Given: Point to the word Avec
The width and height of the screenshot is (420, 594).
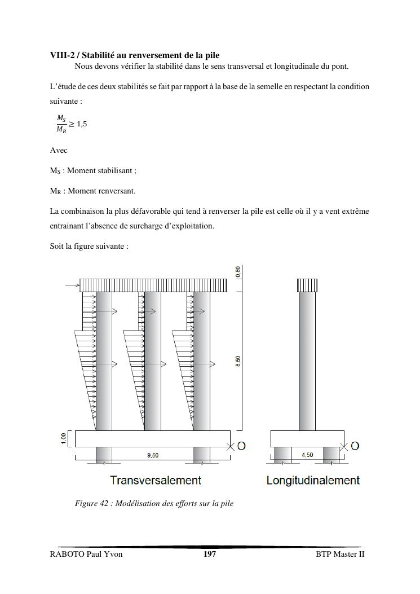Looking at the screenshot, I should coord(59,151).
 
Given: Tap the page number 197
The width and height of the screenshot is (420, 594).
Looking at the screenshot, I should coord(209,555).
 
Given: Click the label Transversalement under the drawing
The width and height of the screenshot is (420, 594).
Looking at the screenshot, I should coord(155,481).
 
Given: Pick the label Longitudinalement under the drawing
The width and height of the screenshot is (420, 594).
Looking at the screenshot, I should coord(313,481).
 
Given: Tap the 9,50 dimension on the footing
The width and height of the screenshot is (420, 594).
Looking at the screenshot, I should coord(152,455).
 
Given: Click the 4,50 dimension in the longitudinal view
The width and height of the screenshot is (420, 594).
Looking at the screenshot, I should coord(307,455).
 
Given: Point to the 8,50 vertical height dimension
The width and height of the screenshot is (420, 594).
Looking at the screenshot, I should coord(238,361).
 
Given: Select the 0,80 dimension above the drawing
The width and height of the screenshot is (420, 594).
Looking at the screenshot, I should coord(238,271).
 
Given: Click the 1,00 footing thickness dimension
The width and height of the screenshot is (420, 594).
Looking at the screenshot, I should coord(64,438).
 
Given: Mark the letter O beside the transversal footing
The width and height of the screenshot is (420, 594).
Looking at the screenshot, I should coord(241,446).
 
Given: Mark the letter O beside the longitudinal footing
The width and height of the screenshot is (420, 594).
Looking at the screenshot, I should coord(355,446).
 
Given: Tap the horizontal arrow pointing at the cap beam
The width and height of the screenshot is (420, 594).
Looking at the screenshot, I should coord(72,285).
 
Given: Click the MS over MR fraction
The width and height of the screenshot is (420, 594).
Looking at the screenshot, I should coord(61,124).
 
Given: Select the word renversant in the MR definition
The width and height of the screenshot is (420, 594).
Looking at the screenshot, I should coord(116,191).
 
